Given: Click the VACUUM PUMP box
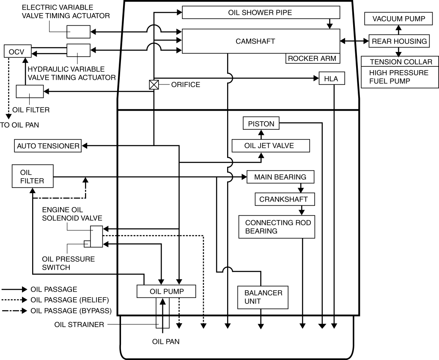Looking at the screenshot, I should point(397,19).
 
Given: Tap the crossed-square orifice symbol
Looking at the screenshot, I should point(154,85).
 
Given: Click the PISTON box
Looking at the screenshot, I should point(261,124).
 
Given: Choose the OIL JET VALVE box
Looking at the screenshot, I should point(271,146).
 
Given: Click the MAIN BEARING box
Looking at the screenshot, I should point(280,177).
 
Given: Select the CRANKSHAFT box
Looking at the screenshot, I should point(281,199).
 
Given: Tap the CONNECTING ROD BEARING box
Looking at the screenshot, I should point(277,227).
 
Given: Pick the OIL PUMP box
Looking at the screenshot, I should point(166,291).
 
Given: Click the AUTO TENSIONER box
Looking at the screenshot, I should point(48,146).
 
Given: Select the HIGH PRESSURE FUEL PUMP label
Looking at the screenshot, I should point(399,77).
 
